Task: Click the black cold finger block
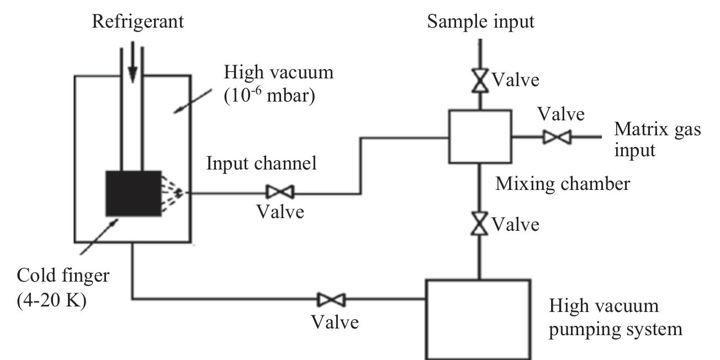(133, 193)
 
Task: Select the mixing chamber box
(479, 136)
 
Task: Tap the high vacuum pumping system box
(478, 319)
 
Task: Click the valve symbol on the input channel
(280, 192)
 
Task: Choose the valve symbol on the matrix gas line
(557, 136)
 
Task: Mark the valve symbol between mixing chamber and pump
(479, 224)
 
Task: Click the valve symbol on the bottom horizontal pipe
(331, 300)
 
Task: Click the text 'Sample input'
(481, 22)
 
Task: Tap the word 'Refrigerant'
(138, 22)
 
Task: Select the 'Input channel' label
(262, 164)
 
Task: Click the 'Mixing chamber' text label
(562, 183)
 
